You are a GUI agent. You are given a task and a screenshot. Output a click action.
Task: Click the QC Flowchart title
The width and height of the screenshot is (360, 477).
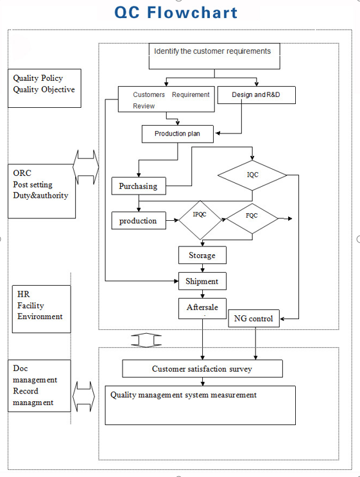176,12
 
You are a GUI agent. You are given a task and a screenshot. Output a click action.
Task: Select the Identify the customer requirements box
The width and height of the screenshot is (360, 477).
214,56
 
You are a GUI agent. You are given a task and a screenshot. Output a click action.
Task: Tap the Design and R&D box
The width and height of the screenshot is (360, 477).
256,95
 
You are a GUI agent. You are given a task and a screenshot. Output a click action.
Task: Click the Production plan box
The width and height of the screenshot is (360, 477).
178,134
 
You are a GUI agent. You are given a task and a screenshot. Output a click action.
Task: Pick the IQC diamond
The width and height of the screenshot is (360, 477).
252,175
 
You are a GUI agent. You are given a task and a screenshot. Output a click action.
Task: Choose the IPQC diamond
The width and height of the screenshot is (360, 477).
200,220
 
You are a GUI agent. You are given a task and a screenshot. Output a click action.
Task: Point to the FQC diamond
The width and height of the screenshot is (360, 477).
252,219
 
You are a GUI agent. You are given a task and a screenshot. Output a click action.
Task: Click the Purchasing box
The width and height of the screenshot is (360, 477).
139,186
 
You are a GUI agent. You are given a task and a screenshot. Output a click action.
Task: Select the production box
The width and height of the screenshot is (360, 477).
139,221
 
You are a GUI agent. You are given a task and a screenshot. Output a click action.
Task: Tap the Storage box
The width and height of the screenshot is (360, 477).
203,255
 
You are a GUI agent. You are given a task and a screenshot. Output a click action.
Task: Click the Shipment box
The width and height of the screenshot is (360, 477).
203,281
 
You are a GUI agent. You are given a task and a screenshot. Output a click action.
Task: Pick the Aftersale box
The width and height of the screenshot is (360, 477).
203,308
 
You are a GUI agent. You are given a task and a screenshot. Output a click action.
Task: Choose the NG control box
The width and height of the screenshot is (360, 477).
254,318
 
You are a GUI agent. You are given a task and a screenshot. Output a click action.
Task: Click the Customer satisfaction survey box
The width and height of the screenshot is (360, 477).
203,369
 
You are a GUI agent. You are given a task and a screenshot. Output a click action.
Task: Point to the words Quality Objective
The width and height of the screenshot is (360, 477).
44,89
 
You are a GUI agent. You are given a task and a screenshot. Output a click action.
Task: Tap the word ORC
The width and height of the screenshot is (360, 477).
22,173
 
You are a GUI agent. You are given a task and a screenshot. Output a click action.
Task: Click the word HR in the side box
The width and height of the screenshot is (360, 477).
24,294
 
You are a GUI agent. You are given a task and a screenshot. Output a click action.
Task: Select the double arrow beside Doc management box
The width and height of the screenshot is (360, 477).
83,396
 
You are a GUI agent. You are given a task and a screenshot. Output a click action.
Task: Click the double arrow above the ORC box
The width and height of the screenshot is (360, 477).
86,167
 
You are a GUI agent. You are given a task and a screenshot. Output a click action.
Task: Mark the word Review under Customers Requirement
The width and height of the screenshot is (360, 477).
144,106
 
